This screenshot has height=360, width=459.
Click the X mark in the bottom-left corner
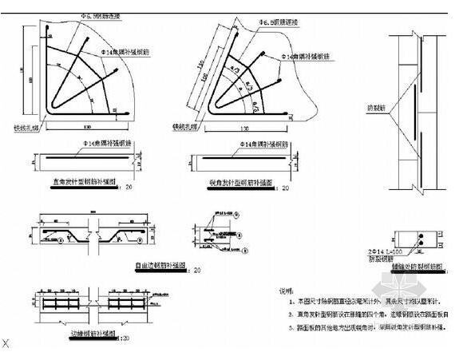coord(6,343)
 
